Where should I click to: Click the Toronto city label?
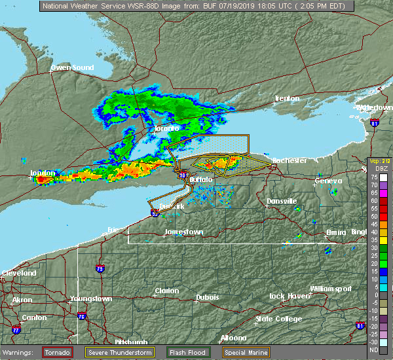click(166, 128)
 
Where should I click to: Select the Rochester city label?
click(289, 160)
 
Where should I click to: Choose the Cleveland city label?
click(18, 272)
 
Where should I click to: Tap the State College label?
click(278, 319)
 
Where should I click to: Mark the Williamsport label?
click(331, 289)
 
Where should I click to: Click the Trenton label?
click(287, 98)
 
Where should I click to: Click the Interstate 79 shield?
click(100, 268)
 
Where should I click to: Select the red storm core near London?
click(43, 178)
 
